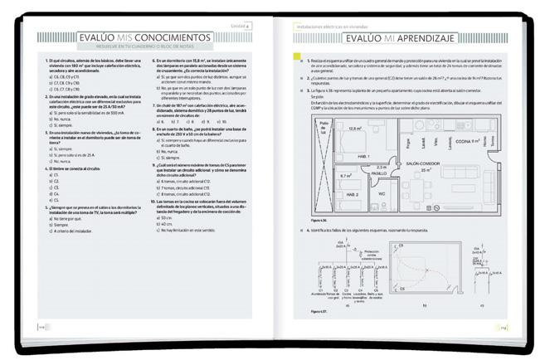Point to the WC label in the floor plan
pyautogui.click(x=382, y=193)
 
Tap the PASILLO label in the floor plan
pyautogui.click(x=381, y=173)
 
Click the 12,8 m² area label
pyautogui.click(x=355, y=128)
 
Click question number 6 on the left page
pyautogui.click(x=154, y=61)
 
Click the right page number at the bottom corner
pyautogui.click(x=503, y=327)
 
